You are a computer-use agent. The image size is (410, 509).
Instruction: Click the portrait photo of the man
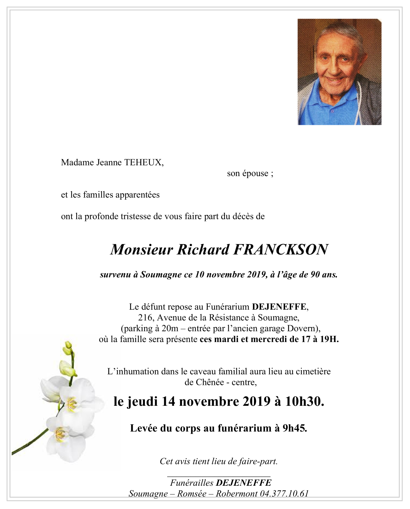point(339,72)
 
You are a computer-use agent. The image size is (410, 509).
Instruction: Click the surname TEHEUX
point(144,163)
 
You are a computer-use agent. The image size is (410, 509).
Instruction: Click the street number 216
point(145,318)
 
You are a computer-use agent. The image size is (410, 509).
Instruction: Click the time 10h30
point(304,401)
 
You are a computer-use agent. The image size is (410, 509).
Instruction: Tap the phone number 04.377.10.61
point(284,494)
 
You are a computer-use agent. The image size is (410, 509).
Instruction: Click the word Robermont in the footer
point(236,494)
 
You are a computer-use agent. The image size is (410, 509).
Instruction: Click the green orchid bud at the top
point(68,345)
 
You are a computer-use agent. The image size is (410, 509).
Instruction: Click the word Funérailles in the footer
point(191,483)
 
